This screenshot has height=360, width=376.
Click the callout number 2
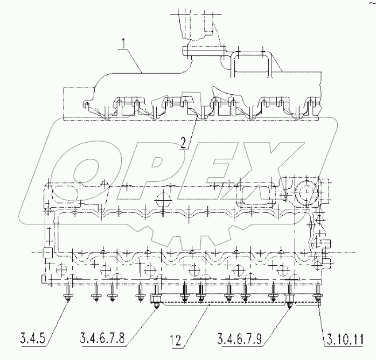[x=184, y=143]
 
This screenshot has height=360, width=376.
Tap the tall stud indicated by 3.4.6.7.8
[x=157, y=296]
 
